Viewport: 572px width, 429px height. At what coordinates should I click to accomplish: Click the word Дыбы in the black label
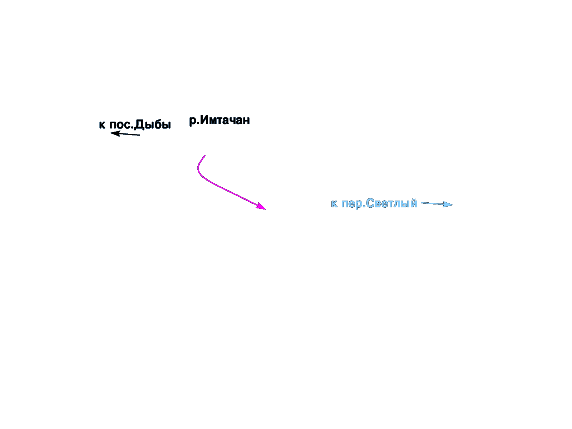pos(153,125)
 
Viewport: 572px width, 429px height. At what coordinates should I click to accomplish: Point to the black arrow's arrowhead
pos(115,134)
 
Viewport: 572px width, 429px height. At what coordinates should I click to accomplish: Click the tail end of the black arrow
pos(140,135)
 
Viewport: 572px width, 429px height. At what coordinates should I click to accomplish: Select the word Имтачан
pos(225,120)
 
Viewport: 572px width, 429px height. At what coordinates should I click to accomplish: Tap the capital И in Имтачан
pos(204,120)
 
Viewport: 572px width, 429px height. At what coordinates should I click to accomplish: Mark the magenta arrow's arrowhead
pos(261,206)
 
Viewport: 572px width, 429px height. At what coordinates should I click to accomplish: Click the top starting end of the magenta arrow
pos(205,156)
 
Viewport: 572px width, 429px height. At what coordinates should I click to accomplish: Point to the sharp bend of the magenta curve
pos(198,170)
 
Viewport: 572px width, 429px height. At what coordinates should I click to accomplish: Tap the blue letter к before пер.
pos(334,204)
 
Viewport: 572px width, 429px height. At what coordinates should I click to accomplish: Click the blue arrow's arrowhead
pos(448,204)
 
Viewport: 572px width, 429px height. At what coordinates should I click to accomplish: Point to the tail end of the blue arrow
pos(421,203)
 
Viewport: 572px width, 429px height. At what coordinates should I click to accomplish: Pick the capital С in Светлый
pos(370,203)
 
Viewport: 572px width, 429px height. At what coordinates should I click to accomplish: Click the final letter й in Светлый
pos(414,203)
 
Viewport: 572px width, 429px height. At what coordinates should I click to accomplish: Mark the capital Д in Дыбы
pos(140,125)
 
